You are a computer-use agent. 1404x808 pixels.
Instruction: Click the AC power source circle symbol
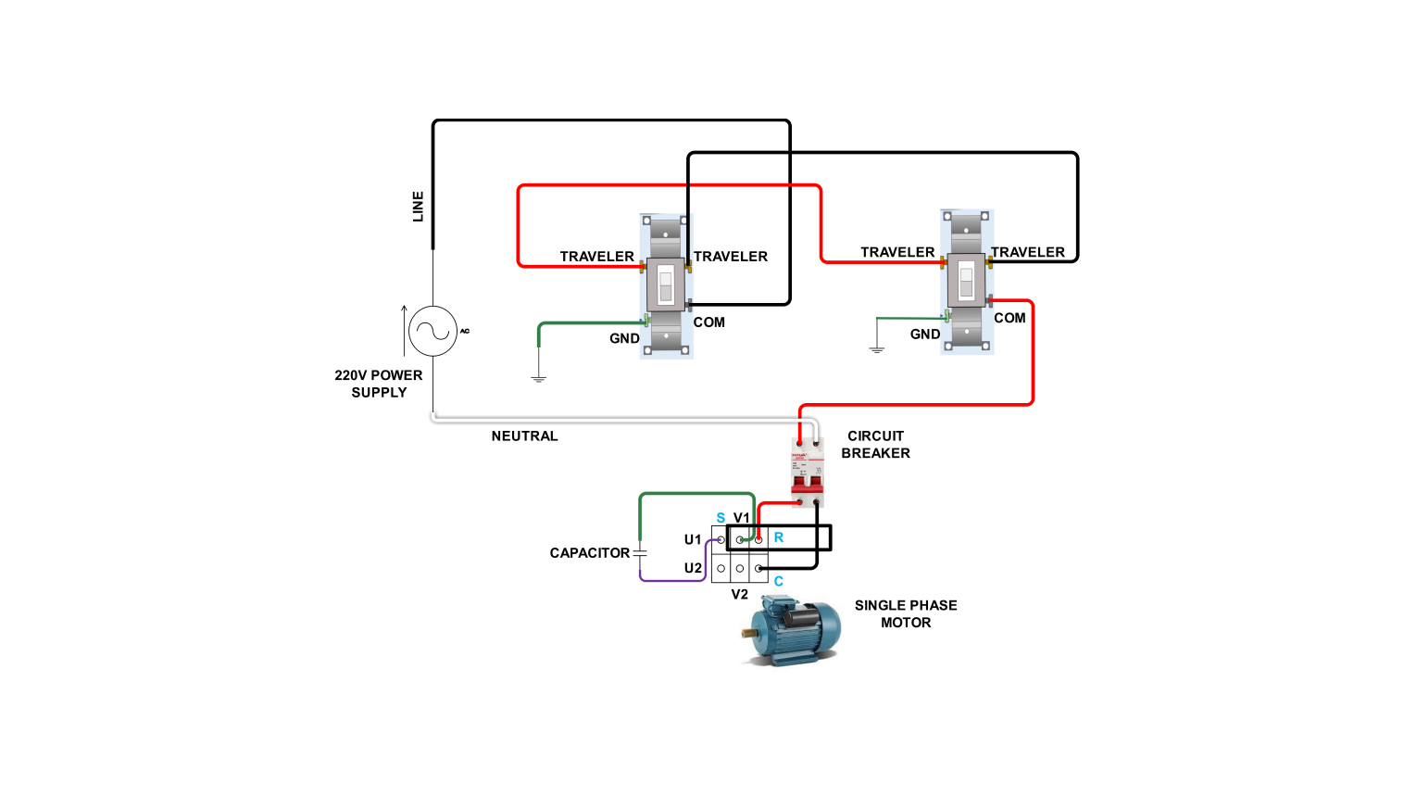tap(432, 331)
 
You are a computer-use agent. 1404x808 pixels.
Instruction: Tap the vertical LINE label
tap(418, 206)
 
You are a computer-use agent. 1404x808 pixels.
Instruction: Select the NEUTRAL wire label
tap(524, 436)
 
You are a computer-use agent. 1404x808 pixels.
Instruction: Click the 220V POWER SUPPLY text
tap(379, 384)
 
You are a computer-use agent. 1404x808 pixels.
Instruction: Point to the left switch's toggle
tap(665, 285)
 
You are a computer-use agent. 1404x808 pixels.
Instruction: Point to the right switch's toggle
tap(966, 280)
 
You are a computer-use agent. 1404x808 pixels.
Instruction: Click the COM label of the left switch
tap(709, 322)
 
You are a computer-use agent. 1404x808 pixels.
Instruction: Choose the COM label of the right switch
tap(1009, 318)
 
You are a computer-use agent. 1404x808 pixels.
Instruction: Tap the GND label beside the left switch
tap(624, 338)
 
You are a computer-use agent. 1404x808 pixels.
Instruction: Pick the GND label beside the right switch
tap(925, 334)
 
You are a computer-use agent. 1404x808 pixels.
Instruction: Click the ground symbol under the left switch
tap(538, 378)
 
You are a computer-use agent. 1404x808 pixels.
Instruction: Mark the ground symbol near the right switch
tap(877, 349)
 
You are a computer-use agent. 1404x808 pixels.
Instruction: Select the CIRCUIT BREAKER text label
tap(875, 444)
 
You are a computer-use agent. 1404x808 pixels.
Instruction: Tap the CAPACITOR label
tap(589, 552)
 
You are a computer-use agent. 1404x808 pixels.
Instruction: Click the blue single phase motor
tap(791, 629)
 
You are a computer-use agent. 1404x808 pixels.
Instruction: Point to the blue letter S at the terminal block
tap(721, 518)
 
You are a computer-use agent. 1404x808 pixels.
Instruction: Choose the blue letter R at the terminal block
tap(779, 537)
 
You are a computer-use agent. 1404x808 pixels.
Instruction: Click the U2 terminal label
tap(693, 568)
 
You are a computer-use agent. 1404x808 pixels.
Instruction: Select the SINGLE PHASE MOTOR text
tap(906, 613)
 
